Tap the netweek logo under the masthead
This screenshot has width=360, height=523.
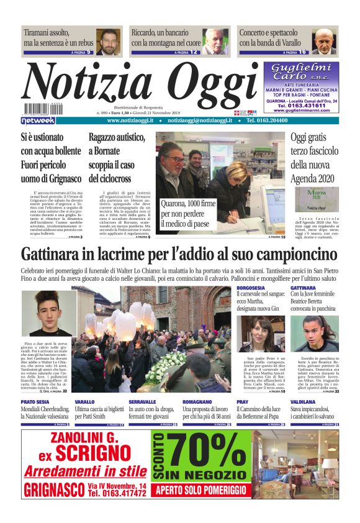(x=38, y=121)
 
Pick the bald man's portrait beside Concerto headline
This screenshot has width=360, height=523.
(x=324, y=41)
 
